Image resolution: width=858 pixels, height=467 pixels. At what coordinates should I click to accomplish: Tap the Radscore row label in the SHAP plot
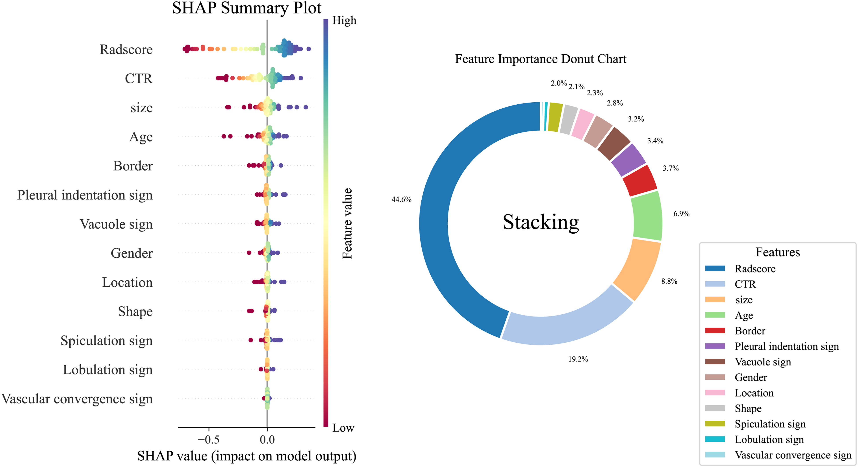[126, 49]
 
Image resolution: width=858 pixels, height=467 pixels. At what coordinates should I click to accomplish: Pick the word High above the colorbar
[344, 21]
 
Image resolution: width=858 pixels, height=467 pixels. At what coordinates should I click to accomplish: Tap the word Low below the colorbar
[343, 428]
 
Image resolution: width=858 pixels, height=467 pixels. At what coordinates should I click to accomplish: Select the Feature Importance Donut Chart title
[541, 59]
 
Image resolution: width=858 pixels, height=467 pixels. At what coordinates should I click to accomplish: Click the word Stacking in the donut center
[541, 222]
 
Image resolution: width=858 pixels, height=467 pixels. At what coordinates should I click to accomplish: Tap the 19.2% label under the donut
[578, 359]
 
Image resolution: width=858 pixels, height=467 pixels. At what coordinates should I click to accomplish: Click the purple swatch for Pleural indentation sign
[715, 346]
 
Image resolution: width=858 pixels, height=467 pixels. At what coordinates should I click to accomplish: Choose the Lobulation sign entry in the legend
[769, 439]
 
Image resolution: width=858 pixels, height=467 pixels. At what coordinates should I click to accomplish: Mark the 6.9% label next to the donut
[682, 214]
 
